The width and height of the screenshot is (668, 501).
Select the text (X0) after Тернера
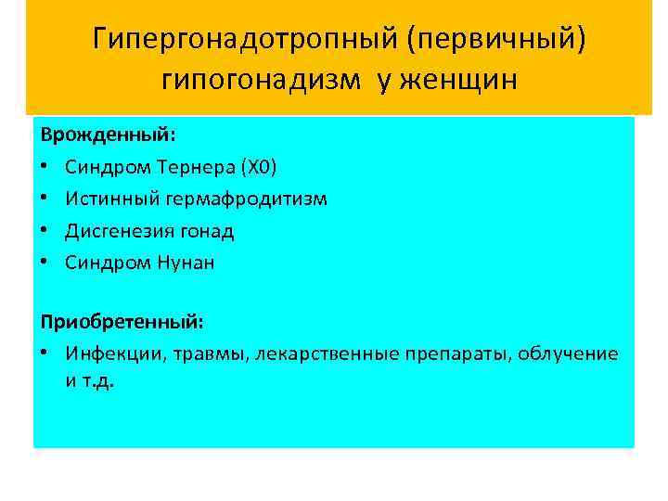pyautogui.click(x=258, y=167)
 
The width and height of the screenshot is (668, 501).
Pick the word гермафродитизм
pyautogui.click(x=247, y=199)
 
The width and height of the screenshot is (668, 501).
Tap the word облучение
pyautogui.click(x=568, y=353)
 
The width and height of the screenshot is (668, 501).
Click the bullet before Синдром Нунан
pyautogui.click(x=45, y=263)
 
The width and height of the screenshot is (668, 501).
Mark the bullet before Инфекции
pyautogui.click(x=45, y=353)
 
